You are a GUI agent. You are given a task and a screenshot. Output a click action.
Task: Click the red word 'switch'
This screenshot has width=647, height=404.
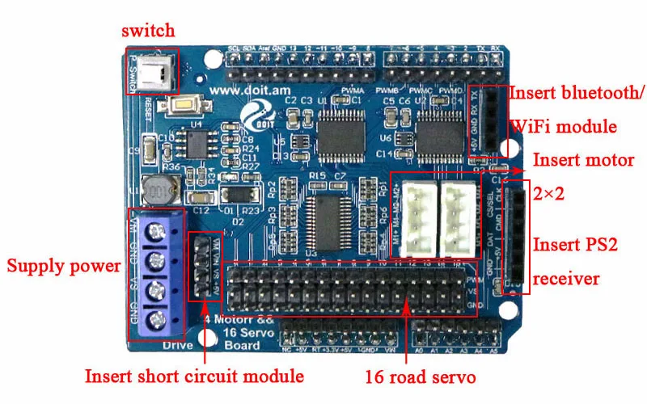tap(148, 32)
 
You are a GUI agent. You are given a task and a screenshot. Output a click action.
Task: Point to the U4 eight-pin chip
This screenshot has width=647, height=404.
tap(196, 144)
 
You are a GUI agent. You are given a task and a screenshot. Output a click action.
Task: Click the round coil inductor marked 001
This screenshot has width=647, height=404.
tap(157, 191)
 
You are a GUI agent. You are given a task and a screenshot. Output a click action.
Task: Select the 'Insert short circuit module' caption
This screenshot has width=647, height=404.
tap(194, 377)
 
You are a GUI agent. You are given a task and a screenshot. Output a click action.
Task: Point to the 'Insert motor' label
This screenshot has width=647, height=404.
tap(582, 160)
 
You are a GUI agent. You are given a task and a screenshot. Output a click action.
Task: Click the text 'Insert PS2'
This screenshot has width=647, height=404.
tap(575, 245)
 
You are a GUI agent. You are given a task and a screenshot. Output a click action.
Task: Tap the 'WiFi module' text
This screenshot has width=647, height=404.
tap(563, 127)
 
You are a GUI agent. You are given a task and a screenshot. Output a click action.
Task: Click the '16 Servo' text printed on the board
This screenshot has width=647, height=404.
tap(239, 332)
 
